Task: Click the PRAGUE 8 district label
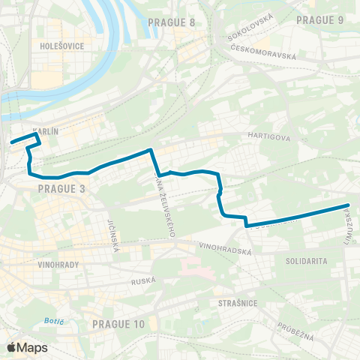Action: coord(172,22)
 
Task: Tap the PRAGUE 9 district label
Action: coord(320,19)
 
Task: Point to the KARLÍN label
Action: coord(46,130)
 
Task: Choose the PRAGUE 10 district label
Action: coord(118,323)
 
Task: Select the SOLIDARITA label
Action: coord(306,260)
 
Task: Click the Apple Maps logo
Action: coord(26,347)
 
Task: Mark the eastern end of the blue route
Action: coord(348,205)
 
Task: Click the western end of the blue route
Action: coord(11,141)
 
